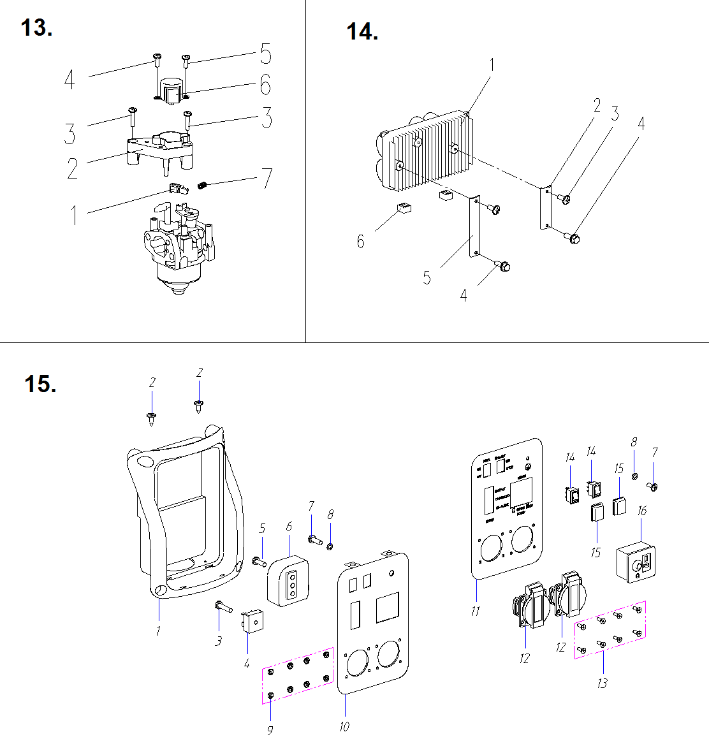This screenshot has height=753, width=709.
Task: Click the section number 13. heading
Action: coord(36,28)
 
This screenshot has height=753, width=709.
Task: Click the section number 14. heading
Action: coord(362,31)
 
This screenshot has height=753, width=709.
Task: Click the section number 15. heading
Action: coord(40,384)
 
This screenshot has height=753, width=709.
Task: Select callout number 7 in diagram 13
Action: coord(267,178)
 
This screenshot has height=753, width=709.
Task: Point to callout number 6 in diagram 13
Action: coord(265,85)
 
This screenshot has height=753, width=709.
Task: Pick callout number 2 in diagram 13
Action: coord(73,168)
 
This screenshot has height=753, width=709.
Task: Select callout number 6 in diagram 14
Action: coord(361,242)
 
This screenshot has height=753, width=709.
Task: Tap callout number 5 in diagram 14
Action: coord(427,278)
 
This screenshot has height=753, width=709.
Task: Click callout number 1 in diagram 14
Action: coord(492,64)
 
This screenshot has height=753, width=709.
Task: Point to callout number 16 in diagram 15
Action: coord(641,511)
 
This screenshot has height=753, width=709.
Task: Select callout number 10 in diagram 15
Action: coord(344,727)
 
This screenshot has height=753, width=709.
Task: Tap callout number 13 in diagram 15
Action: coord(602,683)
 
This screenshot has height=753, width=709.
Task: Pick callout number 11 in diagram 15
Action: coord(475,611)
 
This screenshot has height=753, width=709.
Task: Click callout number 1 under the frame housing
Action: coord(158,631)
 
